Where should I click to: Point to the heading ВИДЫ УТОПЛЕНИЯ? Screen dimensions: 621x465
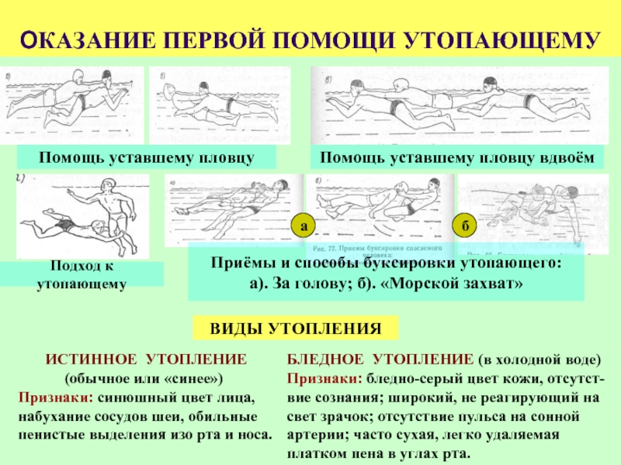[296, 329]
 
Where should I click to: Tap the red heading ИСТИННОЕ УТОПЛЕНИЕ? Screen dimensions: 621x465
[146, 360]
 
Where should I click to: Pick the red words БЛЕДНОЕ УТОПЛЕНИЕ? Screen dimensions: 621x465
[379, 360]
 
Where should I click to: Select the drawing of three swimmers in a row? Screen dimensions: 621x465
[442, 105]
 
